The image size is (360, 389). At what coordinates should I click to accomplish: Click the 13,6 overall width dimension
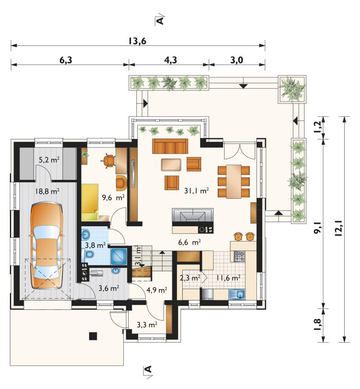[x=137, y=41]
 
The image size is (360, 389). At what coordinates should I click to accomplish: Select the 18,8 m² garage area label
[x=47, y=191]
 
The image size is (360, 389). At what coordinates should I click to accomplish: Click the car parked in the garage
[x=46, y=246]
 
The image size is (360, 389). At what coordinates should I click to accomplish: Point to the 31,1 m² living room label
[x=196, y=191]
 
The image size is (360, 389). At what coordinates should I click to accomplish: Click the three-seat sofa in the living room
[x=170, y=146]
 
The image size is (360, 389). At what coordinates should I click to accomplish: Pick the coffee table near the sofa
[x=171, y=165]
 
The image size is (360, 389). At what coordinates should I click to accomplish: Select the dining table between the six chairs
[x=234, y=181]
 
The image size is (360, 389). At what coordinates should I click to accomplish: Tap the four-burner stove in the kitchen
[x=239, y=256]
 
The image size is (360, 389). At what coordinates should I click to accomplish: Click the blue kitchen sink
[x=237, y=295]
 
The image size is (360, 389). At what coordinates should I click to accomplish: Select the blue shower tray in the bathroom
[x=119, y=256]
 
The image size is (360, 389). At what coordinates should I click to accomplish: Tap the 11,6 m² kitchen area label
[x=228, y=278]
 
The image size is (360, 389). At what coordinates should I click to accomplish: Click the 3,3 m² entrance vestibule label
[x=147, y=324]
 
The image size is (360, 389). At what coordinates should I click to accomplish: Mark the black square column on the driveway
[x=93, y=336]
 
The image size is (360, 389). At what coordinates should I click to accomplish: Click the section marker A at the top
[x=160, y=20]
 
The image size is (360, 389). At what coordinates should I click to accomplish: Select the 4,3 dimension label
[x=171, y=60]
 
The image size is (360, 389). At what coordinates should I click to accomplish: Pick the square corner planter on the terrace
[x=292, y=89]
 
